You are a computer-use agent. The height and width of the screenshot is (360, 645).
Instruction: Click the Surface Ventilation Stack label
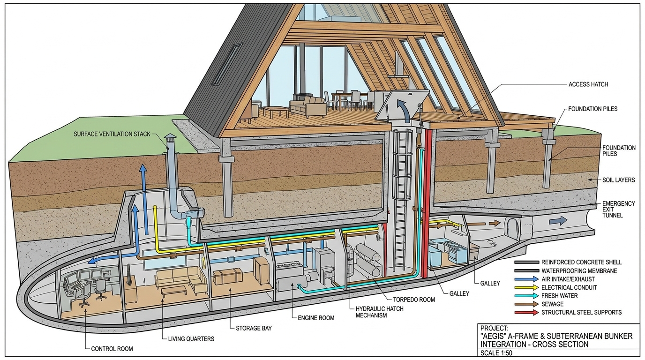[112, 134]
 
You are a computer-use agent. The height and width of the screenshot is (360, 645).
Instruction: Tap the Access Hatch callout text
[588, 84]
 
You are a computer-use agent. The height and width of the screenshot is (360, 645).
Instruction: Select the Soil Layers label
[619, 180]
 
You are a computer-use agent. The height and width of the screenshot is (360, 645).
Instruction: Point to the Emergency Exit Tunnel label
[619, 209]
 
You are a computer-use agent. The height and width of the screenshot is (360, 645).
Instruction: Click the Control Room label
[112, 349]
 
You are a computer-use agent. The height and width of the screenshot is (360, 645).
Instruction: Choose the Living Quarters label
[191, 338]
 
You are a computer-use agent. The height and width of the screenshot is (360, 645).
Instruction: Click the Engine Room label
[316, 318]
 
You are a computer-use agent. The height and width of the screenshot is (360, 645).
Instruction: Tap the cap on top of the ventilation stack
[170, 137]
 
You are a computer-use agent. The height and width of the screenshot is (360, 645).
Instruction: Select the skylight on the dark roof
[227, 64]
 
